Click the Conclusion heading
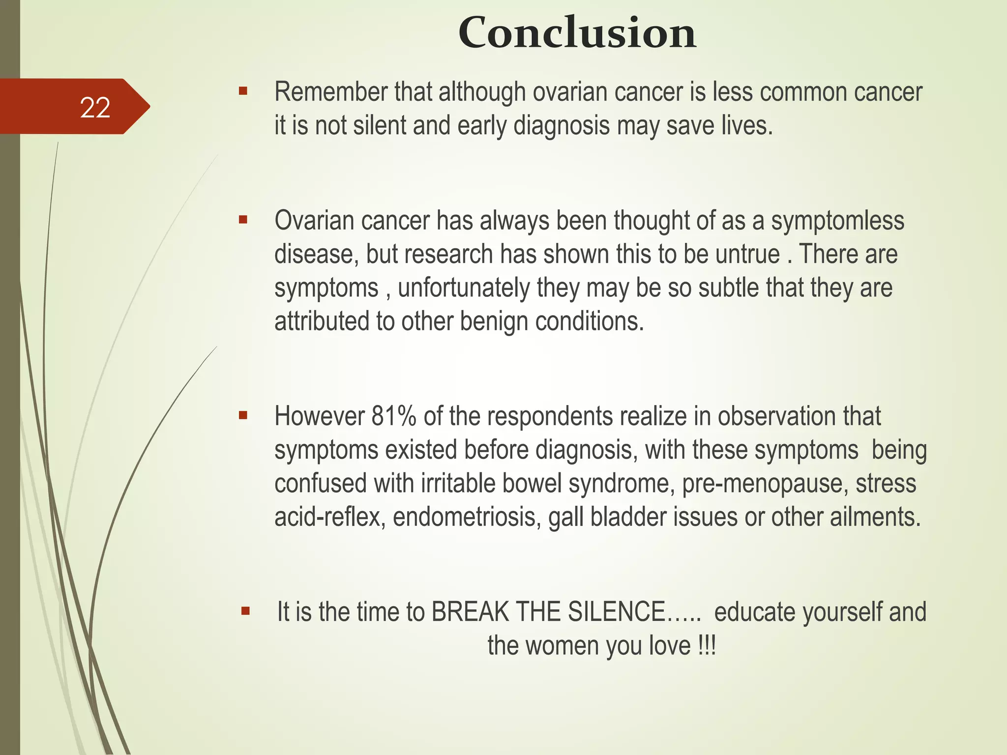point(577,33)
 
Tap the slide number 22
point(95,108)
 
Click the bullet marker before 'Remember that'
point(242,91)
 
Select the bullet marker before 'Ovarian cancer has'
point(242,220)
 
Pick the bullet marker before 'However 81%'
point(242,416)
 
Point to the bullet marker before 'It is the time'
point(245,611)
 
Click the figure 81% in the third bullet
point(394,416)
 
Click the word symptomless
point(837,221)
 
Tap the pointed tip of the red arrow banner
point(148,106)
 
